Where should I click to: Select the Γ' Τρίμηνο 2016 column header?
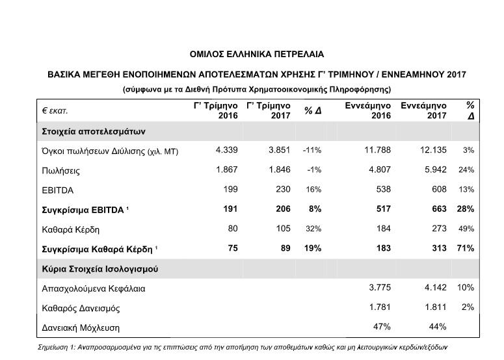pos(216,110)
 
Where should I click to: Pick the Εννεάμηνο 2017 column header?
pos(423,110)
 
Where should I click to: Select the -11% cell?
pos(312,150)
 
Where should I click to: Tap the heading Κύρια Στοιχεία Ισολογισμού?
pos(99,268)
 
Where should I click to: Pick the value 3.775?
pos(378,288)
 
